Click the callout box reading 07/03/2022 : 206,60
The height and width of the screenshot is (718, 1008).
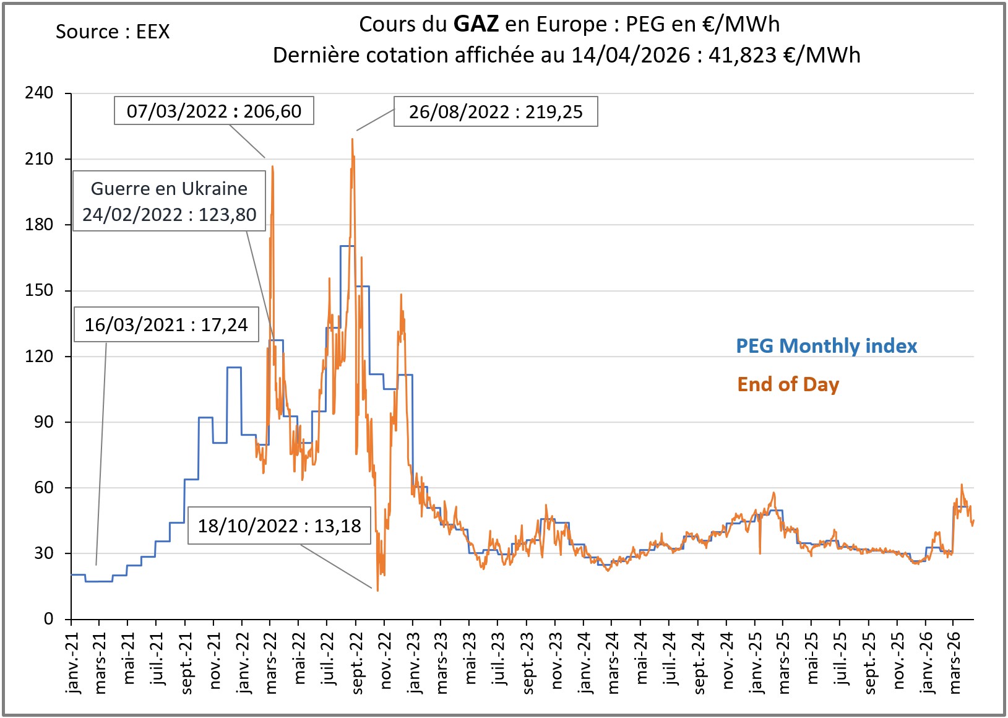213,111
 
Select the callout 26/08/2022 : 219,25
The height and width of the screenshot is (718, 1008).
496,111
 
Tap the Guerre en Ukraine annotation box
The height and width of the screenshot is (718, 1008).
169,201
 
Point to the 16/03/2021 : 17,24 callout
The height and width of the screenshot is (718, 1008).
166,324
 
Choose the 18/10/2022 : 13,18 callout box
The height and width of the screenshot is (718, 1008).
279,526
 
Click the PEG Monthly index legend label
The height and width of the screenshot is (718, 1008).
826,345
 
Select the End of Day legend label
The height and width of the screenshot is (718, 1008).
788,384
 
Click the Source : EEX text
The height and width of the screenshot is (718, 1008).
112,32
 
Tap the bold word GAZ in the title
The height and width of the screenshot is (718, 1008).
475,24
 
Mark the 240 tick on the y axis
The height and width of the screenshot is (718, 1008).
39,93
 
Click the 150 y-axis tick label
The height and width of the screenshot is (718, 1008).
39,290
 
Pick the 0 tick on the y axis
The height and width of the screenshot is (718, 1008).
48,619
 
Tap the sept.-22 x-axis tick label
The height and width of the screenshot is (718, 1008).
357,662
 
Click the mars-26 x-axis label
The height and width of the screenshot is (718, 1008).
955,662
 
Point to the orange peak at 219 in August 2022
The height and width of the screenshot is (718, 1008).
353,139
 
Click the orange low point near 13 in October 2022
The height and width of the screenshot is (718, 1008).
377,590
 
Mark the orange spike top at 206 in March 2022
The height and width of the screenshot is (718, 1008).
272,167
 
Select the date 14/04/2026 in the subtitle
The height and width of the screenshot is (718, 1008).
630,55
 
